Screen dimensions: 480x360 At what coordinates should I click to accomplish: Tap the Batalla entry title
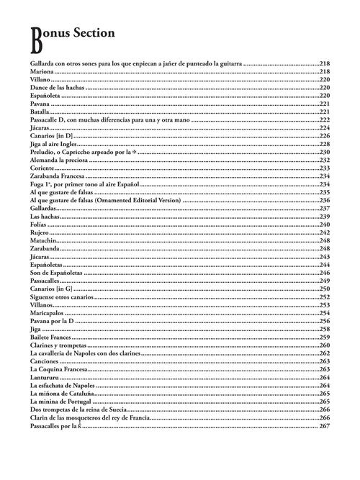(x=41, y=112)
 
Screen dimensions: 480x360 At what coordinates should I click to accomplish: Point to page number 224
(x=325, y=127)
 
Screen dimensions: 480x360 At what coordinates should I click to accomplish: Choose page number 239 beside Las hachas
(x=325, y=217)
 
